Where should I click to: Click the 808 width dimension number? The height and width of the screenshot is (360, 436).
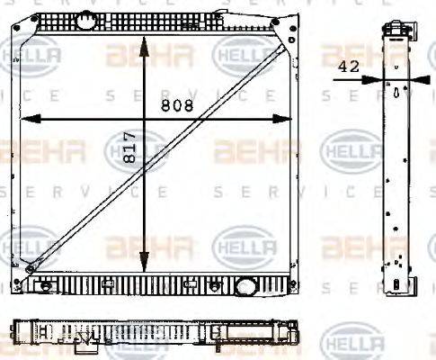pos(176,105)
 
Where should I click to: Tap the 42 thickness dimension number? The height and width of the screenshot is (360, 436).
pos(351,66)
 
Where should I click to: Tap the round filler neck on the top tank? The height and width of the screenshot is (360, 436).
pos(85,18)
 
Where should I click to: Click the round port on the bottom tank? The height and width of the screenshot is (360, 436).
pos(245,287)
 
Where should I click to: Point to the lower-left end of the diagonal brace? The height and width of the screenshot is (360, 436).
pos(31,267)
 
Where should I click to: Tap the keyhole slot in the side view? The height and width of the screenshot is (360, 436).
pos(396,91)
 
